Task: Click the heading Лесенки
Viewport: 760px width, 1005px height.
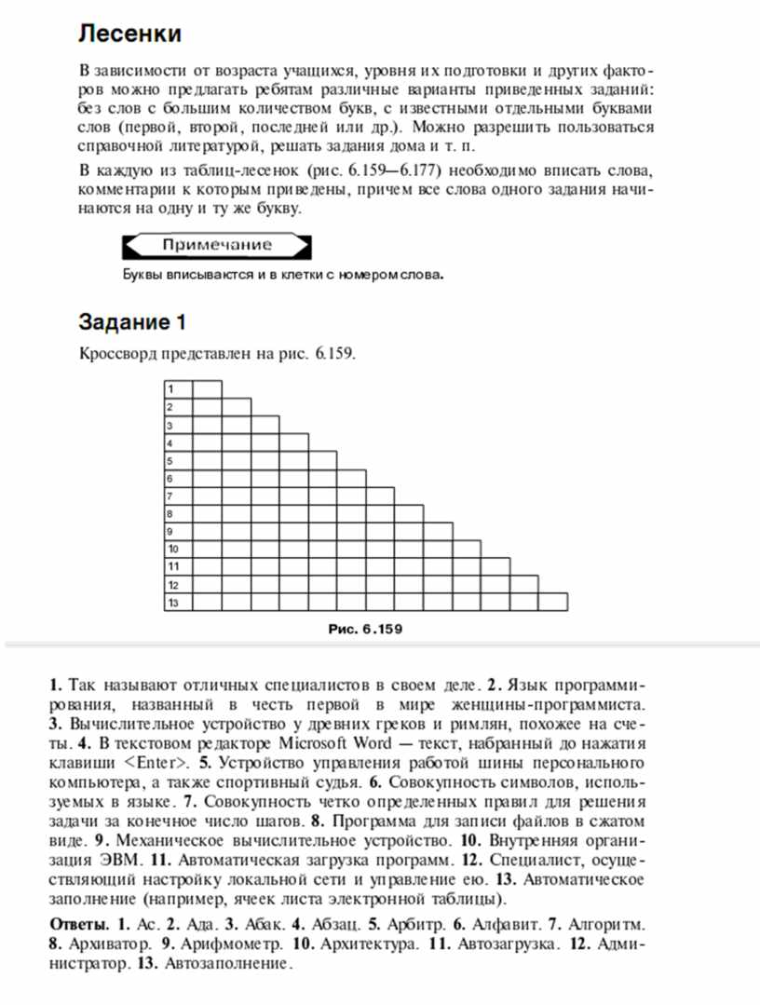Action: [x=129, y=34]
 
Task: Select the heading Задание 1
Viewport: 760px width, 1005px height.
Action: [x=132, y=322]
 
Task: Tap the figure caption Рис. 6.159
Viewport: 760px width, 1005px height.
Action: [x=365, y=629]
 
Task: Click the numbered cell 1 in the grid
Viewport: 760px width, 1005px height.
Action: [x=177, y=388]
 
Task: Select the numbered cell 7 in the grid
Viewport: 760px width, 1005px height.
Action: [x=177, y=496]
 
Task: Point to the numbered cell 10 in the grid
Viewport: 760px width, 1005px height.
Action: [x=177, y=550]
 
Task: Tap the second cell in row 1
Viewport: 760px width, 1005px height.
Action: [x=207, y=388]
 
